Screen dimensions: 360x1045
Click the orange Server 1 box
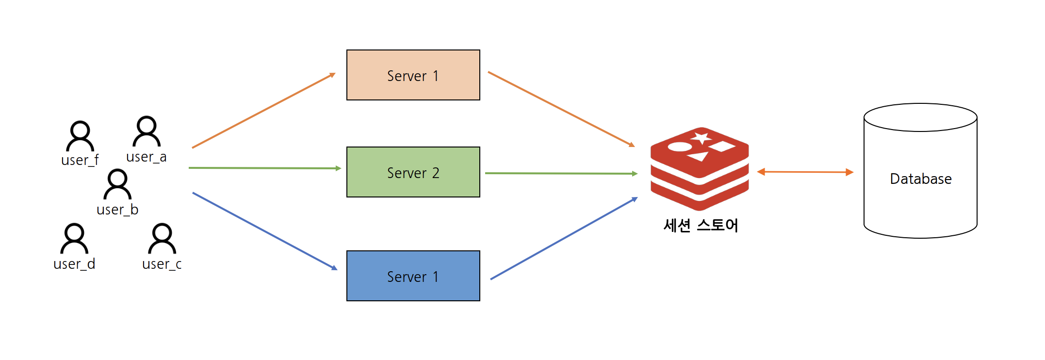click(413, 75)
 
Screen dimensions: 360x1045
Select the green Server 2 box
click(413, 172)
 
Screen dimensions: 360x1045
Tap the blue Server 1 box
click(413, 276)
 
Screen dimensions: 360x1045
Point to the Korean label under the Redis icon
click(701, 226)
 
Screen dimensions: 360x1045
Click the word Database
click(920, 179)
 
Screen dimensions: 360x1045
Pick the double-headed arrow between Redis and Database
click(805, 172)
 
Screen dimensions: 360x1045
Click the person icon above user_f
click(80, 136)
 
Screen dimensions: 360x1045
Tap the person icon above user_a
click(147, 131)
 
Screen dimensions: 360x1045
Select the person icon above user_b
click(117, 184)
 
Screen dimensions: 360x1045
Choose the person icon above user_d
click(74, 239)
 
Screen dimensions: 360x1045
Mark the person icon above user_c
click(162, 239)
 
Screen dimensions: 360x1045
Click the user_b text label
click(117, 210)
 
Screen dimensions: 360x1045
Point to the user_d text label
click(74, 264)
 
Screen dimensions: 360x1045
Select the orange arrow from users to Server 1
click(263, 111)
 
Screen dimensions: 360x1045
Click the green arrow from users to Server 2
click(264, 168)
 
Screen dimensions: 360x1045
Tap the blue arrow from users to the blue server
click(264, 230)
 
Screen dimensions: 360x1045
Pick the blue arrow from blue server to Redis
click(564, 238)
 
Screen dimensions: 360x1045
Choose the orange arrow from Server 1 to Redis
click(561, 109)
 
